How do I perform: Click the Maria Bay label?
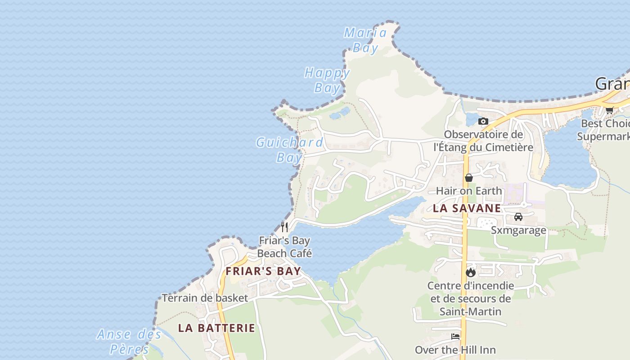coord(365,40)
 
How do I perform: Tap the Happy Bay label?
coord(327,80)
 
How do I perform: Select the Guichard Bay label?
coord(289,150)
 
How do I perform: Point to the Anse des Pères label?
coord(129,342)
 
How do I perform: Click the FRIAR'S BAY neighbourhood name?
coord(263,271)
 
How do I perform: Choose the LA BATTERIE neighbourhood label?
coord(216,328)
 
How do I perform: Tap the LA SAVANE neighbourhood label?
coord(467,208)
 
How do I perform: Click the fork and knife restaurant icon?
coord(284,227)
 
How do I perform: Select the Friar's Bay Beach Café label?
coord(284,247)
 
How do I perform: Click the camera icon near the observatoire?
coord(483,121)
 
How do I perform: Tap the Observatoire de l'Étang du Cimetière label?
coord(483,141)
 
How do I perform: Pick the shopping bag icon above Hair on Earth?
coord(469,178)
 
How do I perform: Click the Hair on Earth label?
coord(469,191)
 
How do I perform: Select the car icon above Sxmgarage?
coord(518,217)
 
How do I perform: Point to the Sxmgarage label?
coord(518,230)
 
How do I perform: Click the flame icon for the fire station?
coord(471,272)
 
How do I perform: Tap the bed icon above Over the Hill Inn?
coord(455,337)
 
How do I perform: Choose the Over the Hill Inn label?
coord(455,350)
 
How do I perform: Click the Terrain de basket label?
coord(205,298)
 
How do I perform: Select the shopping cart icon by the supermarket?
coord(610,110)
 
